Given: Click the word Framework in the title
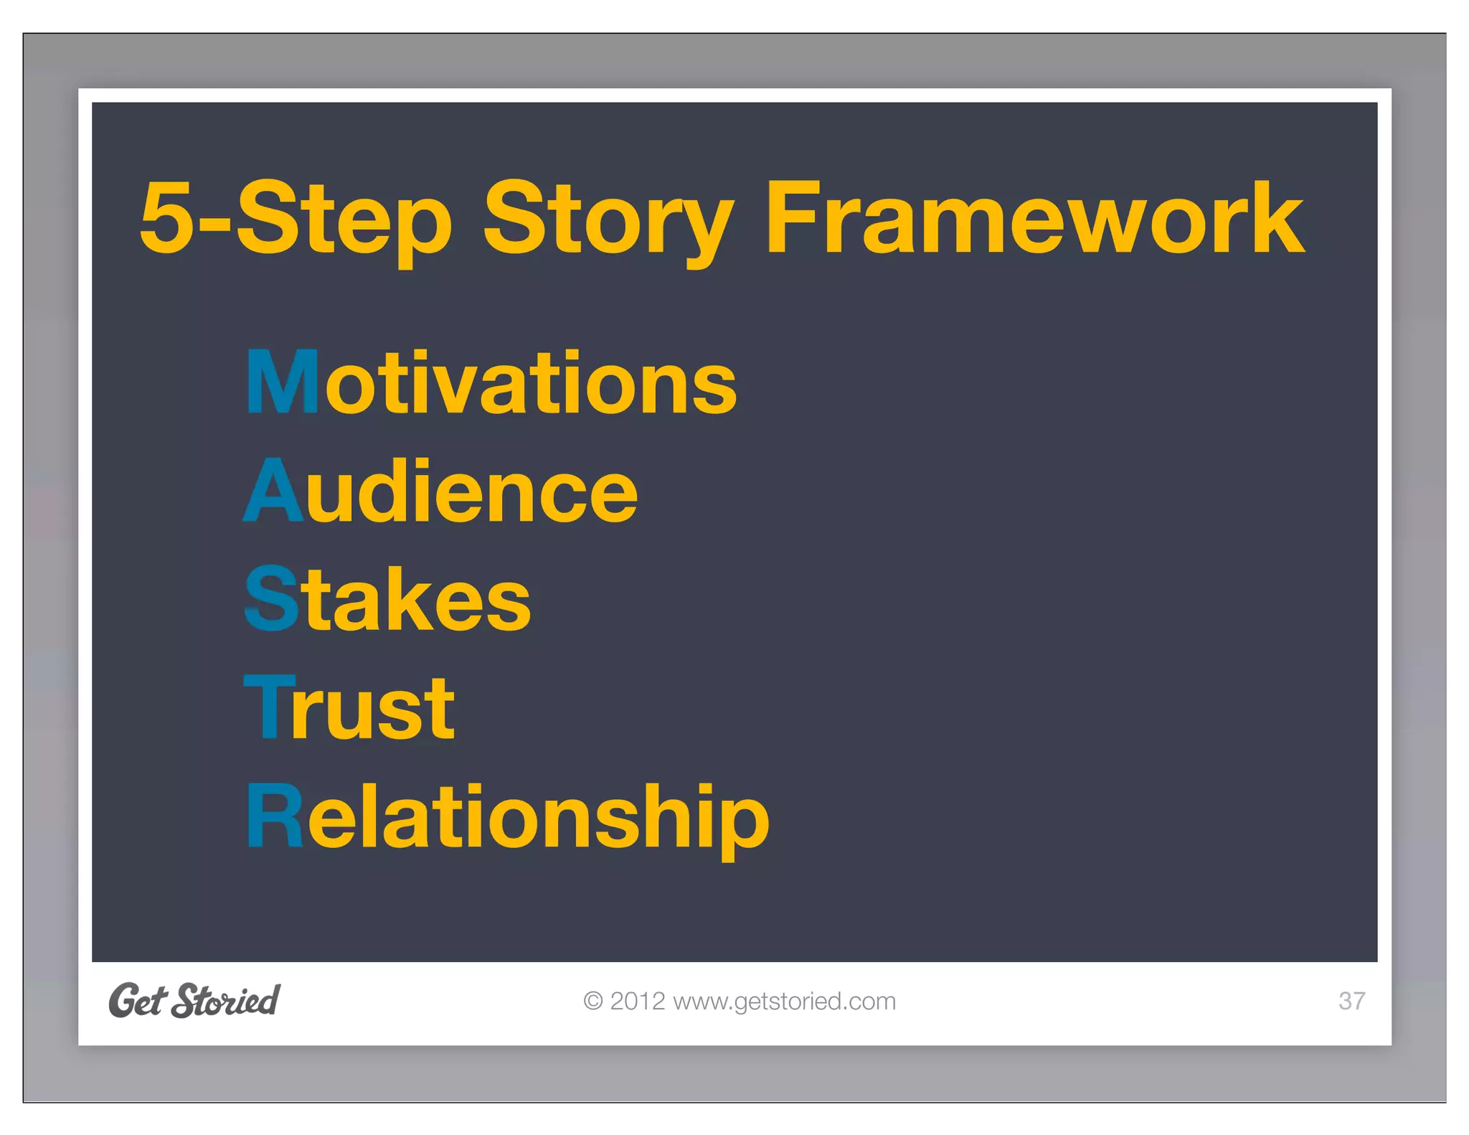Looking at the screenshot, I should tap(1034, 219).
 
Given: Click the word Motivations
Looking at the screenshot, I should tap(491, 383).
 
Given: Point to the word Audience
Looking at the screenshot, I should tap(440, 492).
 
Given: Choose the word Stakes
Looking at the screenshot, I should tap(388, 600).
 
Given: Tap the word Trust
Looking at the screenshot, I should tap(349, 709).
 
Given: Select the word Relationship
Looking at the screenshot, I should tap(508, 818).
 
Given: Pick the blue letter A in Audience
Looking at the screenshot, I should tap(273, 491).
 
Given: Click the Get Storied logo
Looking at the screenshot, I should tap(194, 1001).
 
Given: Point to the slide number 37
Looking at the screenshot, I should tap(1351, 1001).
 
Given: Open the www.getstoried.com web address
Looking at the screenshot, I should tap(784, 1002).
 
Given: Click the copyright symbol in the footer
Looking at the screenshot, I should tap(593, 1002).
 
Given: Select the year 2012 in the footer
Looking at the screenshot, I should tap(637, 1002).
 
